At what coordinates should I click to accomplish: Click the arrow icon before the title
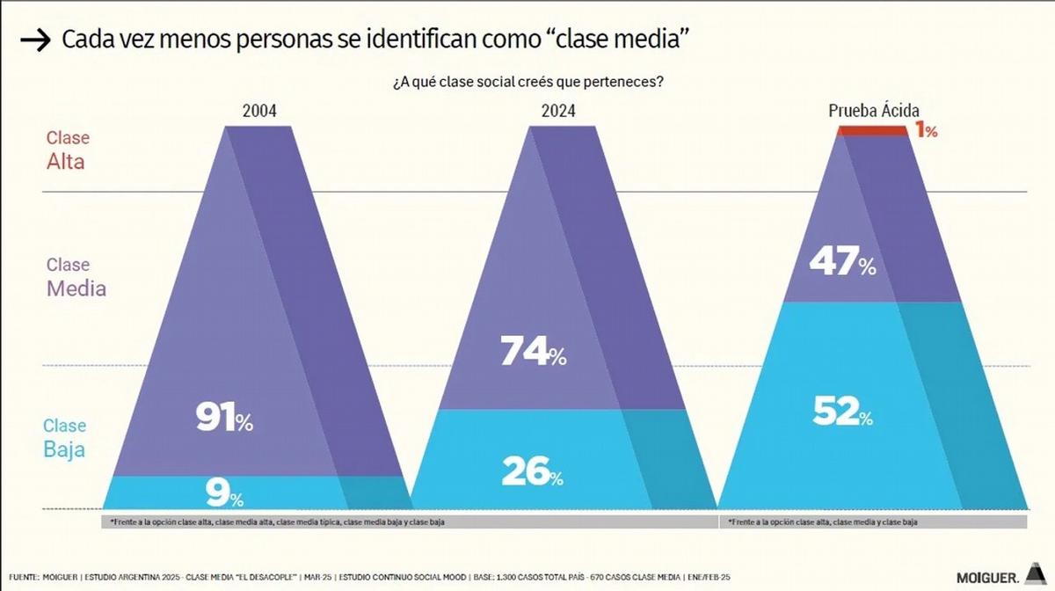(x=34, y=41)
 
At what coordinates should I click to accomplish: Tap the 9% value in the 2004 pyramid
(x=223, y=494)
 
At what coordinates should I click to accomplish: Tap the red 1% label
(x=927, y=131)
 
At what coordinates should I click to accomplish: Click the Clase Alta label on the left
(x=67, y=150)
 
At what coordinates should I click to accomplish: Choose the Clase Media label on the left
(x=76, y=276)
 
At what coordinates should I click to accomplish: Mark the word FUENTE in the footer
(x=25, y=577)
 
